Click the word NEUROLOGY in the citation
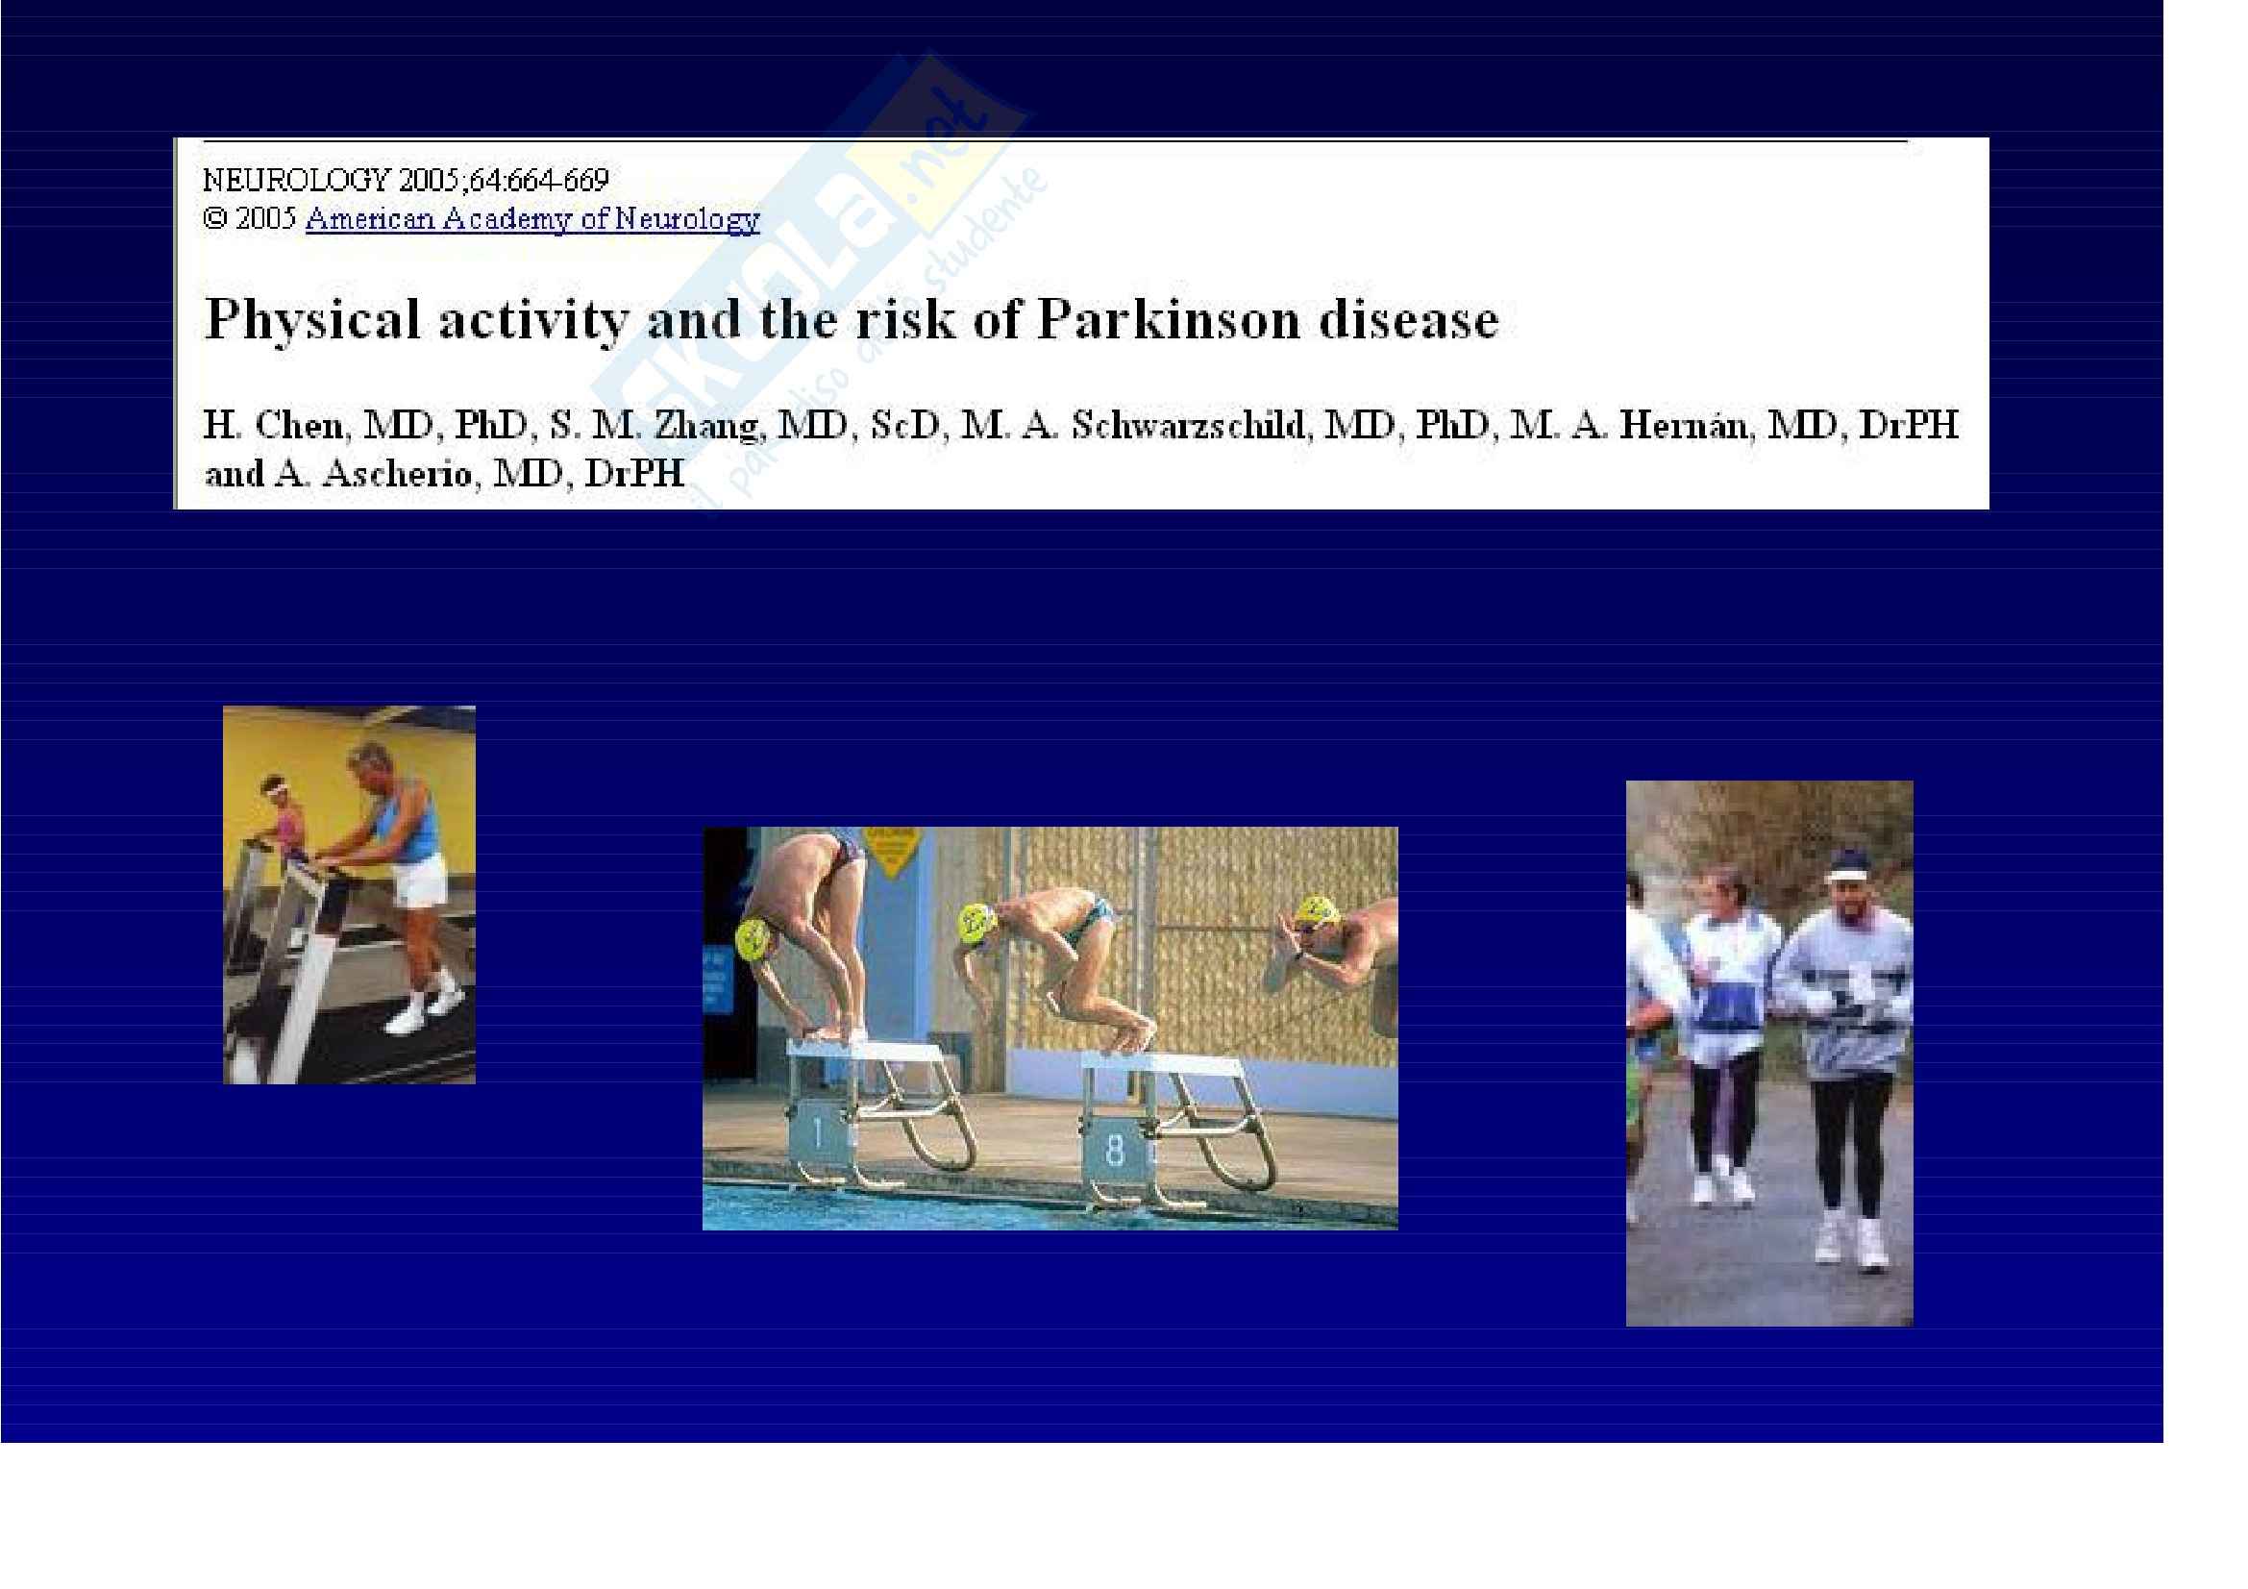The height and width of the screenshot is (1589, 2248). [296, 180]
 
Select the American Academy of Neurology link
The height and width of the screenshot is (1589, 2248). [532, 218]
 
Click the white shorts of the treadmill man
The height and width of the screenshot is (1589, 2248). [421, 880]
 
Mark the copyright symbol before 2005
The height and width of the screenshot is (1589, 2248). [214, 218]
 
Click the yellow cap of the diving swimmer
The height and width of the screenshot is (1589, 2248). [1315, 912]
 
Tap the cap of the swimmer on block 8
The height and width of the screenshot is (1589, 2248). [977, 920]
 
